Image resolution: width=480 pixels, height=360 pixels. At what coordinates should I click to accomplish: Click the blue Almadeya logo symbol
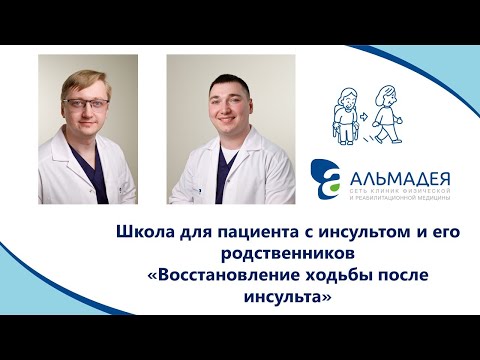click(326, 179)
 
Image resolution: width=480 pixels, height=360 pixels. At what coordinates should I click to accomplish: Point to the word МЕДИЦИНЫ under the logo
click(432, 194)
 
